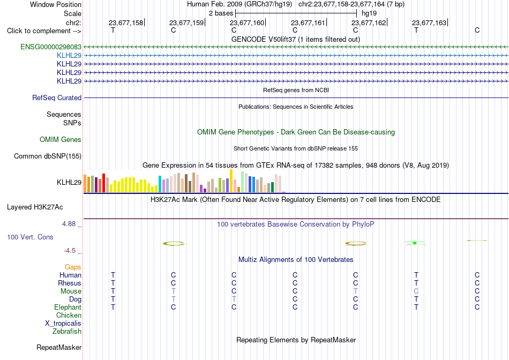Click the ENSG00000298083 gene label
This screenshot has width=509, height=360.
pyautogui.click(x=51, y=47)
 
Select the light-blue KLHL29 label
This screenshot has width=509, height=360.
pyautogui.click(x=69, y=55)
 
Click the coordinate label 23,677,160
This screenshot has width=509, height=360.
pyautogui.click(x=247, y=22)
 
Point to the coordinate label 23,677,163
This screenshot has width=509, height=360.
pyautogui.click(x=429, y=22)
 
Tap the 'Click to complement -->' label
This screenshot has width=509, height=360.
pyautogui.click(x=44, y=31)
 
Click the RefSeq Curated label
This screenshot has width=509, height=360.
pyautogui.click(x=57, y=97)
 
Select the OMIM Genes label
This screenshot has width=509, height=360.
pyautogui.click(x=61, y=140)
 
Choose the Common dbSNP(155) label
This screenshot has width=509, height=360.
pyautogui.click(x=48, y=156)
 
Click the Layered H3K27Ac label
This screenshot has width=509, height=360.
pyautogui.click(x=35, y=207)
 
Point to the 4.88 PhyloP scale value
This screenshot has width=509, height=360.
pyautogui.click(x=69, y=224)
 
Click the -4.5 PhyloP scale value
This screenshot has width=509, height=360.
pyautogui.click(x=70, y=251)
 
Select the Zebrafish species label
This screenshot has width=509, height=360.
pyautogui.click(x=67, y=332)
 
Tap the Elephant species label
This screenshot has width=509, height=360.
pyautogui.click(x=68, y=307)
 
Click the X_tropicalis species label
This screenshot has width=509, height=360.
pyautogui.click(x=63, y=324)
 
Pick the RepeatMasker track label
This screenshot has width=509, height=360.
pyautogui.click(x=59, y=347)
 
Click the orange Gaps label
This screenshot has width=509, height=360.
pyautogui.click(x=73, y=267)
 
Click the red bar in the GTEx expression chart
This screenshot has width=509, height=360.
pyautogui.click(x=103, y=183)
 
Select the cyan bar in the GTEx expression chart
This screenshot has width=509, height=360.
pyautogui.click(x=160, y=184)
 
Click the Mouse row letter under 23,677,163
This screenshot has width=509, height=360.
pyautogui.click(x=416, y=291)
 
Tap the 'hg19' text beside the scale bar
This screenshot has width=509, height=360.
pyautogui.click(x=369, y=13)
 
